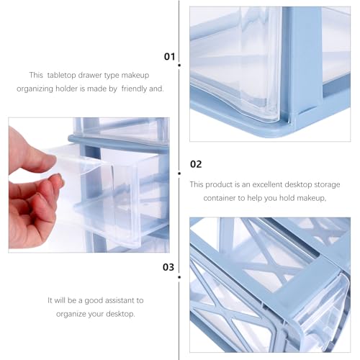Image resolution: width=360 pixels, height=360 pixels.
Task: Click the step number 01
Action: (169, 57)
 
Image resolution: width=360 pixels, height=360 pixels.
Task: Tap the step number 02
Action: (196, 164)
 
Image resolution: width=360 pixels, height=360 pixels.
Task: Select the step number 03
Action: (168, 267)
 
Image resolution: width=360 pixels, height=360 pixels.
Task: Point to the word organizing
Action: (35, 89)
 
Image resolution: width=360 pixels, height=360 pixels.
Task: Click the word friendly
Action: (134, 89)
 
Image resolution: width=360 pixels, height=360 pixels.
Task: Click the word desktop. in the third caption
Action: (120, 314)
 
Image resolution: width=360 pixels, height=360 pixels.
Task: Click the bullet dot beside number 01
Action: (179, 66)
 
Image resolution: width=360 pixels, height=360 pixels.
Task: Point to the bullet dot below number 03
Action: (179, 277)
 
